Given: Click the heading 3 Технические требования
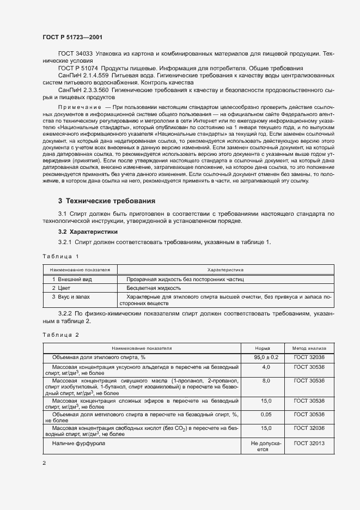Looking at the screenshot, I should [x=106, y=201].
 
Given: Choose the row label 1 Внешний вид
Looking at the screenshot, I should [x=72, y=279].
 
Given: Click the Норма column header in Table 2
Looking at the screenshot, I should [x=263, y=348].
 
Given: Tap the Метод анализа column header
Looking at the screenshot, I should [x=309, y=348].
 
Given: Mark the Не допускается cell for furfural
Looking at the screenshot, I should [x=266, y=447].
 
